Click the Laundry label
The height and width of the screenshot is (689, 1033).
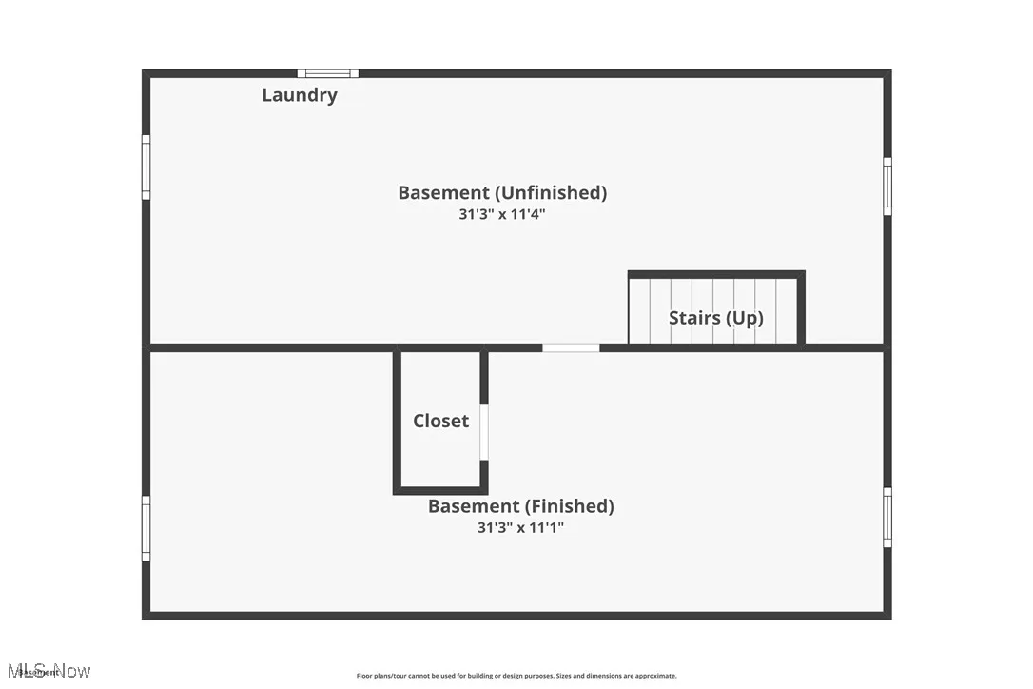click(299, 95)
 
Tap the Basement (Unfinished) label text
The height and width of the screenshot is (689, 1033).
click(501, 192)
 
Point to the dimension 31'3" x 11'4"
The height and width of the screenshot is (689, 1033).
click(501, 215)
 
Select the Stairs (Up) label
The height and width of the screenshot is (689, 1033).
click(715, 318)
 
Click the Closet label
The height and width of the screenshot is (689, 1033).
click(440, 421)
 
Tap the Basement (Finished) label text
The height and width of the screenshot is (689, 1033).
click(520, 506)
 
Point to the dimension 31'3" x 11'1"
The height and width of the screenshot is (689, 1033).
click(520, 527)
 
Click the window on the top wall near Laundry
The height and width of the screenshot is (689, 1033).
click(327, 73)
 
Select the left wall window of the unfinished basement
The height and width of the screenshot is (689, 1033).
click(146, 167)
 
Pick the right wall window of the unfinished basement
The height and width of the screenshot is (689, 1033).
click(887, 187)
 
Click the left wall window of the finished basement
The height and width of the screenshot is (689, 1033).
click(146, 527)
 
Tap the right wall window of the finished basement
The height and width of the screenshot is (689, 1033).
click(887, 517)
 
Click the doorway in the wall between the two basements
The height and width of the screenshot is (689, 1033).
click(571, 348)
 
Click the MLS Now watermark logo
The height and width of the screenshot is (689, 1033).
click(48, 671)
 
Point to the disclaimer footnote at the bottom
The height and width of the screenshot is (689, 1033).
click(516, 676)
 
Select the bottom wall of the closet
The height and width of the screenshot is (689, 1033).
click(440, 490)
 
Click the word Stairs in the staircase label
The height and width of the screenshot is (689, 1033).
click(694, 318)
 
